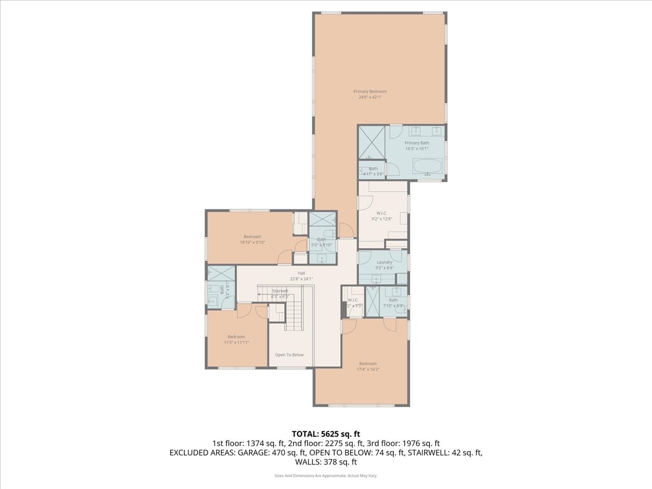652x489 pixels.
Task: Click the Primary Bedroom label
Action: pos(370,91)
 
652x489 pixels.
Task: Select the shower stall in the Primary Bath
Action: pos(372,141)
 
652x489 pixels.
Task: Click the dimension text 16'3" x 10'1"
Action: pos(417,148)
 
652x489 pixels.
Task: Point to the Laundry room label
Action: pos(384,262)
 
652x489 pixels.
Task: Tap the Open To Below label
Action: pos(289,355)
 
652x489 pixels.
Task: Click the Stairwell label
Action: pos(280,291)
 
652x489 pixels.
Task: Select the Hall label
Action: pos(301,273)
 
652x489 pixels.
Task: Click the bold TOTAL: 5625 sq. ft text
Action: pos(326,434)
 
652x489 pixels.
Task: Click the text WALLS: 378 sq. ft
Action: pos(326,462)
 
